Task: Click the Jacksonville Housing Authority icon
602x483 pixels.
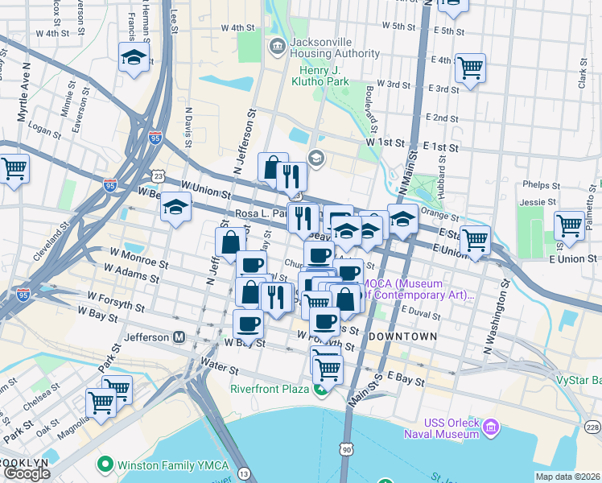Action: tap(278, 46)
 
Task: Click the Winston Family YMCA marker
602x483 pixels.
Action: tap(104, 464)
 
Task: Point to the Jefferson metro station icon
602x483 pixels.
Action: tap(179, 336)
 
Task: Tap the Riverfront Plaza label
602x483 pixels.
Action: tap(270, 389)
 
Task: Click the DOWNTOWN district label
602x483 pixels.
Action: tap(403, 336)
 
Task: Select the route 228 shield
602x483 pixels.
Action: tap(592, 427)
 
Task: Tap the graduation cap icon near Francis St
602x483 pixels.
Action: tap(134, 58)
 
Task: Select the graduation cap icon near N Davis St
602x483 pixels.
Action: tap(175, 208)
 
